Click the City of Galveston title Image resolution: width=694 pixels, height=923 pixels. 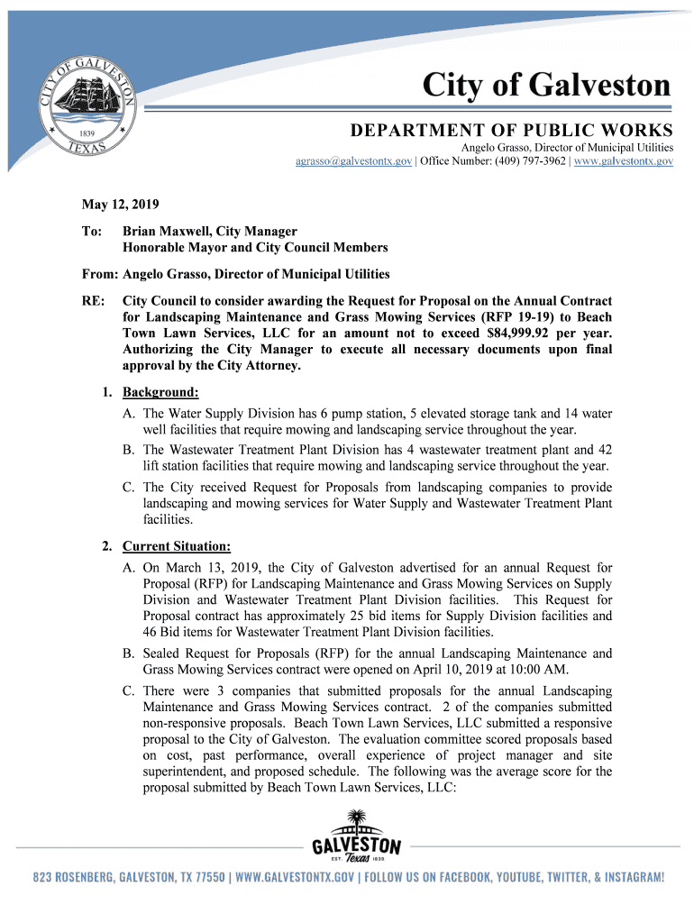click(548, 87)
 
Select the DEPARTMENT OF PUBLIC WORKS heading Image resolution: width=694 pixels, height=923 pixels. click(511, 129)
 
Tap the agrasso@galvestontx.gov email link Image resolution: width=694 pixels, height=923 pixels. click(354, 160)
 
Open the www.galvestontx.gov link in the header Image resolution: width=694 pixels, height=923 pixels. click(624, 160)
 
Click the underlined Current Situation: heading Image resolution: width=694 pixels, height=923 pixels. click(177, 546)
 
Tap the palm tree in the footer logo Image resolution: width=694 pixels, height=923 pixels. click(356, 822)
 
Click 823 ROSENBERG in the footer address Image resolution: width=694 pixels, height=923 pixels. click(76, 877)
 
